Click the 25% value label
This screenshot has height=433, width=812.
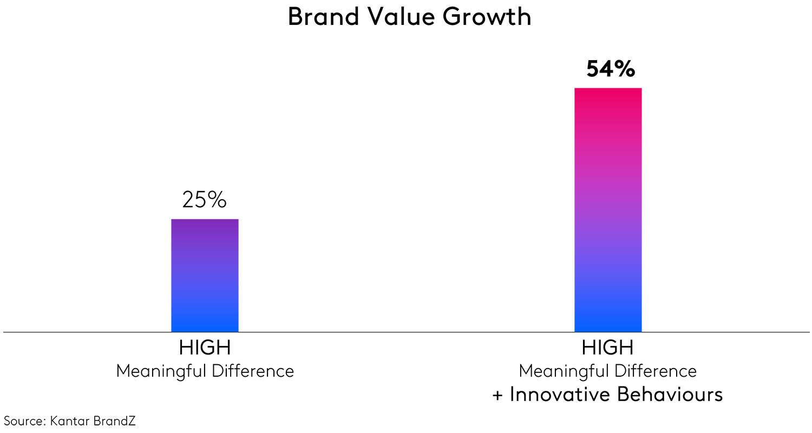coord(205,200)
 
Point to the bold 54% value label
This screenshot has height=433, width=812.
coord(611,69)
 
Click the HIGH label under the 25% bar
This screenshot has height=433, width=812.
coord(205,348)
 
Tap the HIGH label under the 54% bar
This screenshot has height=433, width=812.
coord(607,348)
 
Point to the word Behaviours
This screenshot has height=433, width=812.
coord(669,395)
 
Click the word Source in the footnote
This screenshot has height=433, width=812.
coord(23,421)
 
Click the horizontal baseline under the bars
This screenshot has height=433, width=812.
coord(406,332)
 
